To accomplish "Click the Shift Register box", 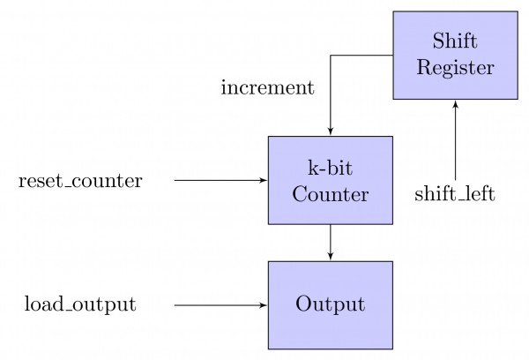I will tap(455, 55).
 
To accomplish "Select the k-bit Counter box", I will tap(330, 180).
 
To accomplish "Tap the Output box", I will tap(330, 305).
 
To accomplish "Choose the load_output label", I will tap(80, 305).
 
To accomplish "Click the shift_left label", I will tap(455, 193).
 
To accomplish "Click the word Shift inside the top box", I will tap(455, 41).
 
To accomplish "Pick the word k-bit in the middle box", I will tap(330, 168).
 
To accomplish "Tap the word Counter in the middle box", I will tap(330, 193).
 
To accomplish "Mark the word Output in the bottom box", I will tap(330, 305).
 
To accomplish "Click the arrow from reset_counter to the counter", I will tap(220, 180).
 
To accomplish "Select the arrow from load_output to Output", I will tap(220, 305).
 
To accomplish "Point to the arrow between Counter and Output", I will tap(330, 243).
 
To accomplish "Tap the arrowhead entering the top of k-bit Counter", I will tap(330, 132).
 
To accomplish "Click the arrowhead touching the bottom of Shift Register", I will tap(455, 103).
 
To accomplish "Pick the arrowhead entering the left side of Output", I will tap(264, 305).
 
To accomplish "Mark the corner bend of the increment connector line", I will tap(330, 55).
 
